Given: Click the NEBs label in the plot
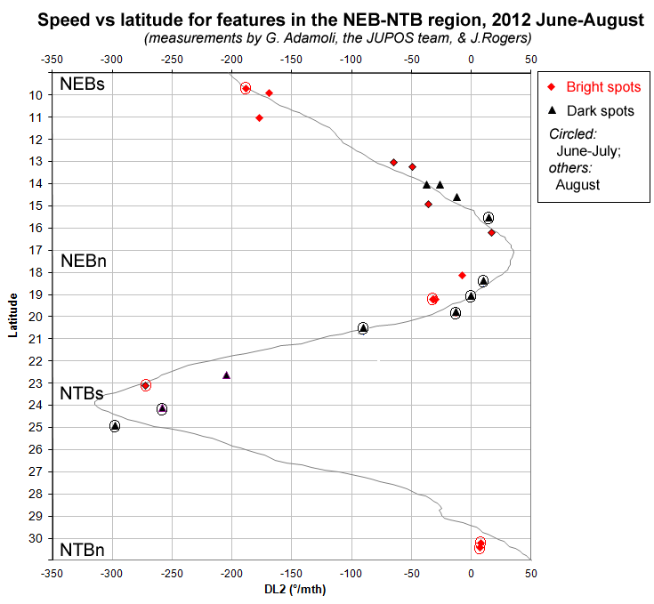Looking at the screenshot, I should (x=82, y=85).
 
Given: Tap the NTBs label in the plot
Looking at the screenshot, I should (x=82, y=393).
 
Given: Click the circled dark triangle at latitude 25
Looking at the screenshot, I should (x=115, y=426).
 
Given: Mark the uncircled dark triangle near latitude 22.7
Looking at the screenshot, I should (x=226, y=375).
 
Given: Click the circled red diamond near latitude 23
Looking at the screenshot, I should (x=145, y=385).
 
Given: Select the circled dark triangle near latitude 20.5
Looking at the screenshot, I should (x=363, y=328).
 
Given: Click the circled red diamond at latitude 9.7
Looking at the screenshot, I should (x=246, y=87).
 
